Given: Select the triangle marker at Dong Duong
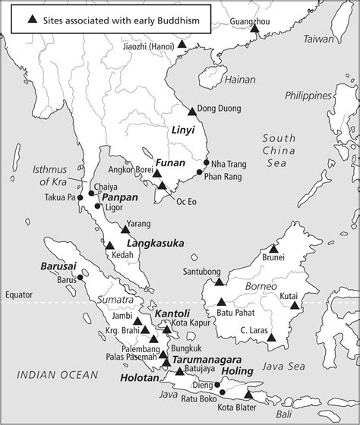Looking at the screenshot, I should [x=192, y=111].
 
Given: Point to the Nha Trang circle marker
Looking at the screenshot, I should [x=206, y=162].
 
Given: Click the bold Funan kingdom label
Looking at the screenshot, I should [x=166, y=162].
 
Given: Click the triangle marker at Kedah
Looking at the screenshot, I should [x=109, y=245].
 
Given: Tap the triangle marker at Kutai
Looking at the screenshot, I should [x=294, y=306].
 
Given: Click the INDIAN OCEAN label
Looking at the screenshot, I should [x=58, y=373].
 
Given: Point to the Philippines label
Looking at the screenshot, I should [x=309, y=95].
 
